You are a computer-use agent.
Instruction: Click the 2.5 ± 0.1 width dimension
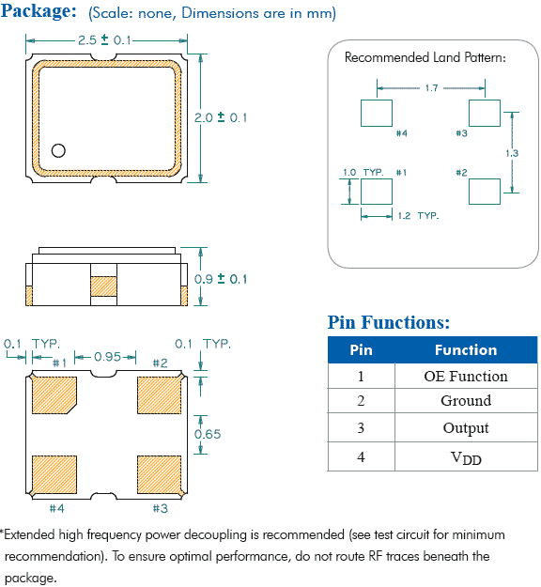(104, 40)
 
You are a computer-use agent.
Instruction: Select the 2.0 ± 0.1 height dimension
(221, 117)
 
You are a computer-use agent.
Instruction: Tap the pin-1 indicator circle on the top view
(58, 150)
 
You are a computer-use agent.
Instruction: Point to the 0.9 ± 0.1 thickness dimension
(221, 279)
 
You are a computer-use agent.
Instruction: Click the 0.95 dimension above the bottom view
(107, 357)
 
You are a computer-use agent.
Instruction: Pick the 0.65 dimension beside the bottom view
(208, 434)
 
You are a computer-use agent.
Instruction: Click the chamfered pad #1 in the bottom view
(54, 395)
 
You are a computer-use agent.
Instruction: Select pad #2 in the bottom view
(159, 395)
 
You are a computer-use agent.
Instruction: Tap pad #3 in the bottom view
(159, 474)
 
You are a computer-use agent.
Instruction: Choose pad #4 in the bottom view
(54, 474)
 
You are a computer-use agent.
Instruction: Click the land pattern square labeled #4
(377, 113)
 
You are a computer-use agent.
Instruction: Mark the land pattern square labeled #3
(485, 113)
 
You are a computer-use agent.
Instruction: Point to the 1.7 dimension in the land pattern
(431, 88)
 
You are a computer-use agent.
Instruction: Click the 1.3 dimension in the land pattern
(512, 153)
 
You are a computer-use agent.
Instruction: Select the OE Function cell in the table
(466, 377)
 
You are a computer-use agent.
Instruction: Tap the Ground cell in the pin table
(466, 401)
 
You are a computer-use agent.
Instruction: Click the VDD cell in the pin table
(466, 457)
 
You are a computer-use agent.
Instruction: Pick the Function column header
(466, 350)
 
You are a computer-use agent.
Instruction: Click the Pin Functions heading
(389, 322)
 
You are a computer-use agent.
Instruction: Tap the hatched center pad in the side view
(103, 286)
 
